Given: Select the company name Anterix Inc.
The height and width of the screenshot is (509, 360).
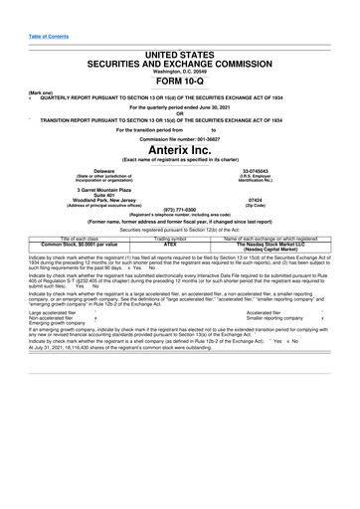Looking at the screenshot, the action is click(x=179, y=149).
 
